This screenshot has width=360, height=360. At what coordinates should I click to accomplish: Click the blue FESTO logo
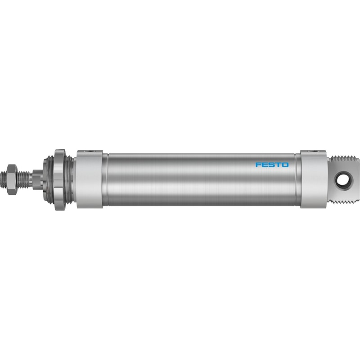[272, 165]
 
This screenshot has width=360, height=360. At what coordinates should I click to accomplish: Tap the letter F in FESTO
[258, 165]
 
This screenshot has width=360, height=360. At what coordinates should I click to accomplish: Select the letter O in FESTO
[286, 165]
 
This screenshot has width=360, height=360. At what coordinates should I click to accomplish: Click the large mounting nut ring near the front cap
[60, 180]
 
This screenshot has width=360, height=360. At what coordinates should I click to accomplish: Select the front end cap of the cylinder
[89, 179]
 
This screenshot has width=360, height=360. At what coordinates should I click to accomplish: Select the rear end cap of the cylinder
[314, 179]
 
